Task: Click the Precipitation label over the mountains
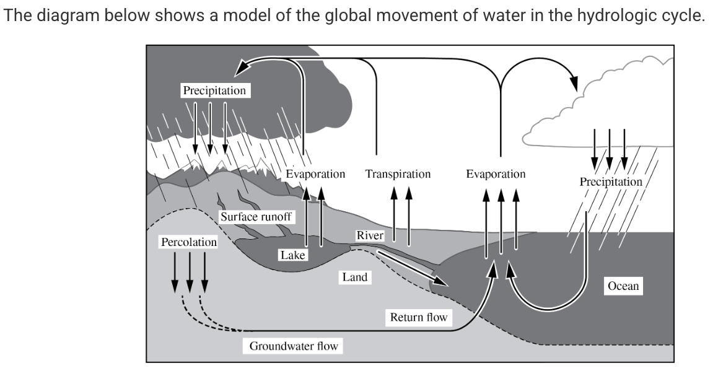[x=214, y=90]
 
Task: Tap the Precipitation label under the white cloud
[x=611, y=182]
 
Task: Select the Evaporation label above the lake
[x=315, y=174]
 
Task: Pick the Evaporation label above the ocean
[x=496, y=174]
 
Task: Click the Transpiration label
[x=398, y=174]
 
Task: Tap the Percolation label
[x=189, y=242]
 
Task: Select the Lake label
[x=292, y=255]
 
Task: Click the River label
[x=370, y=236]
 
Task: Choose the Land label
[x=355, y=277]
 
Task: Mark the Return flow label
[x=418, y=318]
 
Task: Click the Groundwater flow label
[x=294, y=346]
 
